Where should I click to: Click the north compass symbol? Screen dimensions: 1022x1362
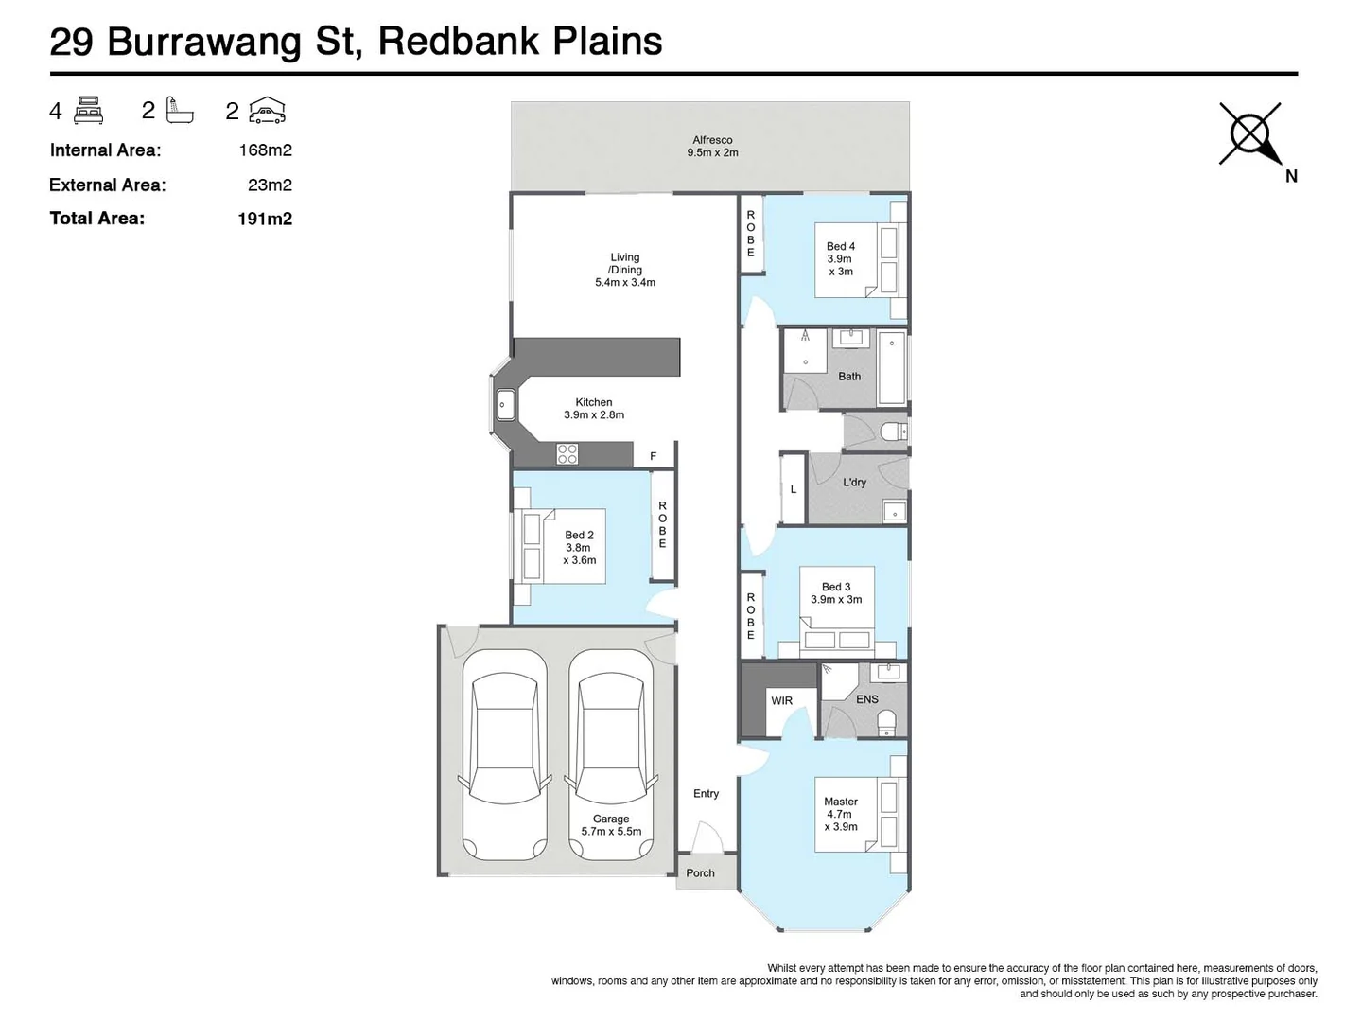point(1250,133)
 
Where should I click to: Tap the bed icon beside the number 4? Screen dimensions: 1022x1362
point(88,110)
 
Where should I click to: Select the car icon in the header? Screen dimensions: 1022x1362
point(267,111)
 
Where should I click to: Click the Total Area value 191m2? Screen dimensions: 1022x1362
point(265,219)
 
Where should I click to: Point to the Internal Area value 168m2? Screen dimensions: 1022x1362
point(265,150)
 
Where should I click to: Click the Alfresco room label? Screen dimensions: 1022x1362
point(712,146)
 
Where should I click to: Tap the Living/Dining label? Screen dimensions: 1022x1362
point(624,270)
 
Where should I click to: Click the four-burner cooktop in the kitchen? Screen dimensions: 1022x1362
point(567,453)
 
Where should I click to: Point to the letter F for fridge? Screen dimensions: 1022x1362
point(653,457)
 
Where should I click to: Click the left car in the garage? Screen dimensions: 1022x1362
point(504,754)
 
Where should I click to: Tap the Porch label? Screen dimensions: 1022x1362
point(700,873)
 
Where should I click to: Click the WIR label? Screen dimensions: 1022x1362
point(781,701)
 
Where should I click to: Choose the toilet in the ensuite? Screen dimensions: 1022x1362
point(886,723)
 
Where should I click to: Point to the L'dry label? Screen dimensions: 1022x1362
point(854,483)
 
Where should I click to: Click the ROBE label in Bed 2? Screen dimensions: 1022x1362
point(662,525)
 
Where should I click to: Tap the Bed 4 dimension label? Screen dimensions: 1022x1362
point(840,258)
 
